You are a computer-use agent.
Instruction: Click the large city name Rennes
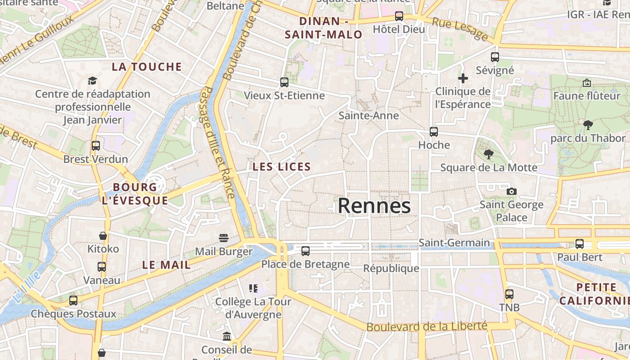pos(374,206)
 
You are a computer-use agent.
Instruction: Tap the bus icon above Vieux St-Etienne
pos(284,82)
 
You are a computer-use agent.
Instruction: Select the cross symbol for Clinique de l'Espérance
pos(463,79)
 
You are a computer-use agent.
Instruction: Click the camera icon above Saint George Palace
pos(511,192)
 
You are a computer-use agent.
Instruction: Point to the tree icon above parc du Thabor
pos(588,125)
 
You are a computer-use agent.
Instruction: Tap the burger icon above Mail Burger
pos(224,238)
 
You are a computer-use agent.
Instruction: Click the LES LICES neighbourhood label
pos(282,166)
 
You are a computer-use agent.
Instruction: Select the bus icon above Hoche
pos(434,132)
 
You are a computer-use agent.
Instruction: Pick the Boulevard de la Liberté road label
pos(427,326)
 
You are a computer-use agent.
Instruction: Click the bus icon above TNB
pos(509,294)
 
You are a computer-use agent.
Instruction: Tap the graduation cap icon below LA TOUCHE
pos(92,81)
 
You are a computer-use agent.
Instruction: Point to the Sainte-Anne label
pos(369,116)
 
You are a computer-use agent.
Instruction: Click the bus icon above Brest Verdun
pos(95,146)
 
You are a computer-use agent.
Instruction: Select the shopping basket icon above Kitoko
pos(103,236)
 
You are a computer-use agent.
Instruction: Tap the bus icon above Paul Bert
pos(579,244)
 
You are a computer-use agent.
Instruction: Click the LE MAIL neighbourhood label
pos(166,265)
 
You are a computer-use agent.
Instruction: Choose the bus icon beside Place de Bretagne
pos(306,251)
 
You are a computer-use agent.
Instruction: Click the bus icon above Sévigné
pos(495,57)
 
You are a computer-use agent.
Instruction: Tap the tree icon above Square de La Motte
pos(488,154)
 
